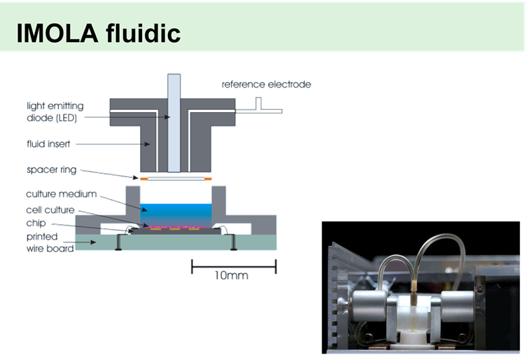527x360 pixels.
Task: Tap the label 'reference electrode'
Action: (x=266, y=85)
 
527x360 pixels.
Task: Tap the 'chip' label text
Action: (x=36, y=224)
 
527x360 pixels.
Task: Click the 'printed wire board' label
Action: (x=50, y=242)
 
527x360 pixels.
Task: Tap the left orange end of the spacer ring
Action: (x=143, y=180)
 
